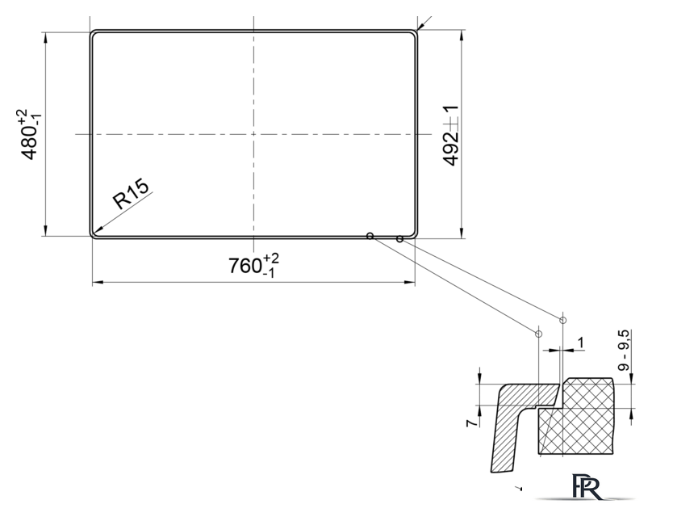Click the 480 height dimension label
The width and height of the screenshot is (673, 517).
(29, 134)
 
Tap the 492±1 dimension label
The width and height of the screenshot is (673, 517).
(450, 136)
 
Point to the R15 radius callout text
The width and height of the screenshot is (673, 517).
(131, 193)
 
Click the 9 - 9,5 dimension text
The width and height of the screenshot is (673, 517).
(624, 351)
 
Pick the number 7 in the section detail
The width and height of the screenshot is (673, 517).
(472, 422)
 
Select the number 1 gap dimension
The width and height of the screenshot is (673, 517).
(581, 343)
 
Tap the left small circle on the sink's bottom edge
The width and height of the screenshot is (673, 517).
(370, 236)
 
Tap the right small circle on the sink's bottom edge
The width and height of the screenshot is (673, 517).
(399, 239)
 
